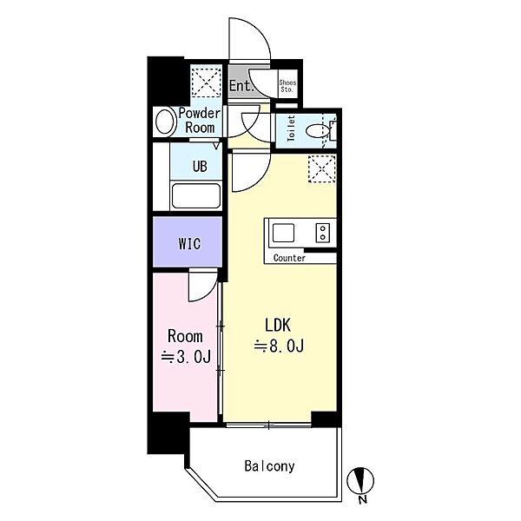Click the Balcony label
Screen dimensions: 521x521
pos(269,466)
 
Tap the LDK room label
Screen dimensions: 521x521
pos(278,325)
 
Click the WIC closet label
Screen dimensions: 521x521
pos(189,244)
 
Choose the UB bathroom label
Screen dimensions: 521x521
pos(200,166)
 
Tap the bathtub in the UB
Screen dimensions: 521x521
pos(196,195)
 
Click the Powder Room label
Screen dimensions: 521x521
pos(200,121)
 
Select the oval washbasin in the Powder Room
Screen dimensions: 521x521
pos(166,122)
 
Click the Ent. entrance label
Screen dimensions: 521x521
pos(241,86)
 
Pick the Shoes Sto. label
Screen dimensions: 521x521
pos(287,86)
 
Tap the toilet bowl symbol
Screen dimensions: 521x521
pos(317,131)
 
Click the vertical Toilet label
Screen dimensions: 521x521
pos(291,129)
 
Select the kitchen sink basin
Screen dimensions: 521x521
pos(283,233)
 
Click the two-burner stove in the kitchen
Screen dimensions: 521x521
pos(323,233)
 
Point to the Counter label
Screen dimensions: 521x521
pos(289,258)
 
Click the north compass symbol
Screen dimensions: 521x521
pos(360,480)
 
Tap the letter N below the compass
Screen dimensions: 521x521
pos(363,499)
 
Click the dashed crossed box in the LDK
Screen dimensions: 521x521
pos(322,168)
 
